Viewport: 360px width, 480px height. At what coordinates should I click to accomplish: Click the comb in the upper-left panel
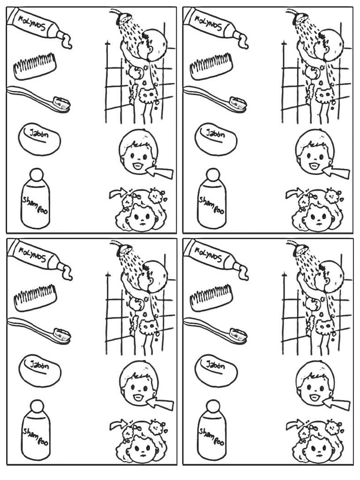pyautogui.click(x=35, y=66)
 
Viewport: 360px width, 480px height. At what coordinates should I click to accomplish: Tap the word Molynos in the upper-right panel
pyautogui.click(x=209, y=23)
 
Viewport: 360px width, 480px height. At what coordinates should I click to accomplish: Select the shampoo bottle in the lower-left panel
pyautogui.click(x=35, y=430)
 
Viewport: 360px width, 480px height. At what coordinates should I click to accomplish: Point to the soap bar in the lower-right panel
pyautogui.click(x=216, y=370)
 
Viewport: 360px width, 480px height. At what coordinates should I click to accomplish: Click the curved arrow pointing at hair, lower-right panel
pyautogui.click(x=294, y=424)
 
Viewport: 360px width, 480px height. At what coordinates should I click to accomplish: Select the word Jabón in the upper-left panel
pyautogui.click(x=39, y=135)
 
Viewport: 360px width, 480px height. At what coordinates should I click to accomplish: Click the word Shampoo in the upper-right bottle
pyautogui.click(x=211, y=204)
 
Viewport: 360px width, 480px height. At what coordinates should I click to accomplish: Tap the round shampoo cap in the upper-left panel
pyautogui.click(x=36, y=174)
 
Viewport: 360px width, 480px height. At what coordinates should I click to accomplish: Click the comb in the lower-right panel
pyautogui.click(x=211, y=298)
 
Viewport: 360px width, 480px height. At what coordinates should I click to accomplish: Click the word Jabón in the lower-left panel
pyautogui.click(x=39, y=366)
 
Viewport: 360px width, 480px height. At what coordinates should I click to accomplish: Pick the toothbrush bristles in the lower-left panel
pyautogui.click(x=62, y=334)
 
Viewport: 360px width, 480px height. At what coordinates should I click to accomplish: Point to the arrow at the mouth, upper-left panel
pyautogui.click(x=160, y=172)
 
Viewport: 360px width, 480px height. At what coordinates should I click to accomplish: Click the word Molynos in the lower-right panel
pyautogui.click(x=209, y=255)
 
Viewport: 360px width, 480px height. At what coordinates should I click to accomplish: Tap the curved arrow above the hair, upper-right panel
pyautogui.click(x=294, y=193)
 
